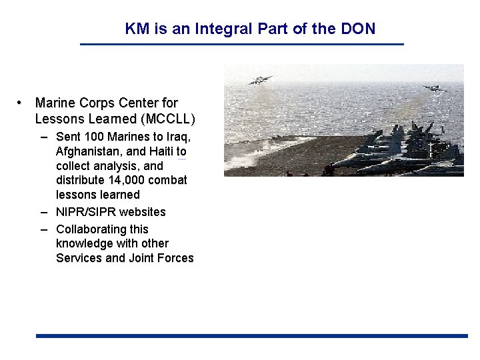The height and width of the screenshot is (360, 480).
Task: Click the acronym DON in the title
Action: pyautogui.click(x=358, y=29)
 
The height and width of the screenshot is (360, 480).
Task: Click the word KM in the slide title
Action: pyautogui.click(x=137, y=29)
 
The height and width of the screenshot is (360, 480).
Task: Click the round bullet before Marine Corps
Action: pyautogui.click(x=21, y=103)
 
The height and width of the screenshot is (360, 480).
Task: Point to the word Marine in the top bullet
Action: pyautogui.click(x=55, y=103)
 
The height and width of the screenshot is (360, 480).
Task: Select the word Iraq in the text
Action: pyautogui.click(x=179, y=137)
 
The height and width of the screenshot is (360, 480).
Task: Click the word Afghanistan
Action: pyautogui.click(x=89, y=151)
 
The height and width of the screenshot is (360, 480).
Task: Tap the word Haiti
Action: pyautogui.click(x=160, y=151)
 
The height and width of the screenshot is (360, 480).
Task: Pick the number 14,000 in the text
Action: pyautogui.click(x=125, y=180)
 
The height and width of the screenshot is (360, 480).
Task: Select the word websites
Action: pyautogui.click(x=142, y=212)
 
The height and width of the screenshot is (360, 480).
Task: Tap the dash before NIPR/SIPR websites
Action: pyautogui.click(x=44, y=212)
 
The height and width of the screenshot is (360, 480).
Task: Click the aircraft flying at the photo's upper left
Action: pyautogui.click(x=260, y=80)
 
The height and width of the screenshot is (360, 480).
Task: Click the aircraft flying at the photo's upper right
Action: pyautogui.click(x=434, y=87)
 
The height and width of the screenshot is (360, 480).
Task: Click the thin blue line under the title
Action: pyautogui.click(x=241, y=44)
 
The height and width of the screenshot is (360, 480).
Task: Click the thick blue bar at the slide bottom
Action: pyautogui.click(x=251, y=336)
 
